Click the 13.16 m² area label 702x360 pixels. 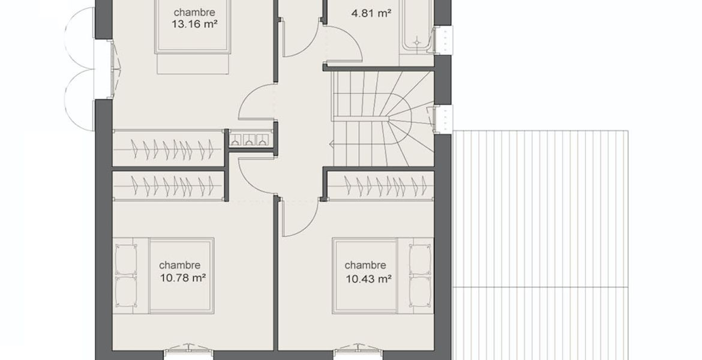click(x=194, y=24)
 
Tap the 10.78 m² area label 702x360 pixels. click(x=182, y=278)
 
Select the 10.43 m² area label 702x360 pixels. click(x=368, y=279)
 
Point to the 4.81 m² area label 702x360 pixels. click(x=371, y=13)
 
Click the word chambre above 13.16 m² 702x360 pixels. click(x=194, y=12)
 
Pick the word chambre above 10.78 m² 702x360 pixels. click(x=179, y=266)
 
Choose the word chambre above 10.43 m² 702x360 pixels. click(x=365, y=266)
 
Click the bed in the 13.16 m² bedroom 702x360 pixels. click(x=193, y=36)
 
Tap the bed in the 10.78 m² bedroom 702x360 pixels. click(x=163, y=276)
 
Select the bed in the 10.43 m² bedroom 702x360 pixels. click(x=383, y=276)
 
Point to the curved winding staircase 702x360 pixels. click(x=383, y=119)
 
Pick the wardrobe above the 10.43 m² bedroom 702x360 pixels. click(x=380, y=185)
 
